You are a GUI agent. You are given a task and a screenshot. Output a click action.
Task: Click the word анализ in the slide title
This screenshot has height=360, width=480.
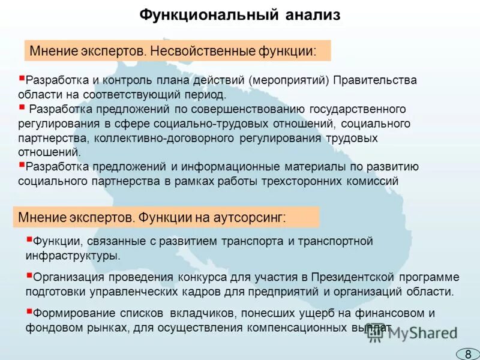coord(313,14)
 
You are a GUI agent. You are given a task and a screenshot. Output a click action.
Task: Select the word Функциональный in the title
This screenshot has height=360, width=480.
coord(209,14)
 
